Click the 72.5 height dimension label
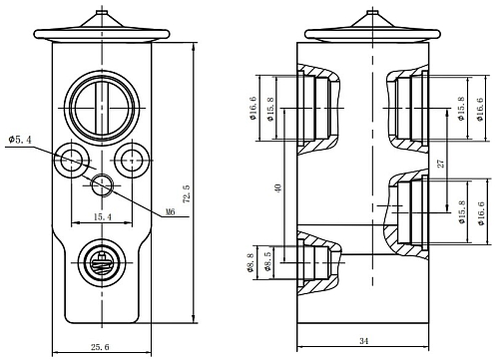pyautogui.click(x=187, y=194)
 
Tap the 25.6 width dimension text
pyautogui.click(x=100, y=347)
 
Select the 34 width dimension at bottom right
pyautogui.click(x=364, y=341)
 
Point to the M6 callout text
pyautogui.click(x=171, y=211)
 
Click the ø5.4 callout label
pyautogui.click(x=20, y=140)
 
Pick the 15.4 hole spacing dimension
pyautogui.click(x=103, y=217)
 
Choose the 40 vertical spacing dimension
pyautogui.click(x=278, y=187)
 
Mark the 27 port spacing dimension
pyautogui.click(x=440, y=164)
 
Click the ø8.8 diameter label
pyautogui.click(x=250, y=263)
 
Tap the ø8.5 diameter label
pyautogui.click(x=267, y=261)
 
